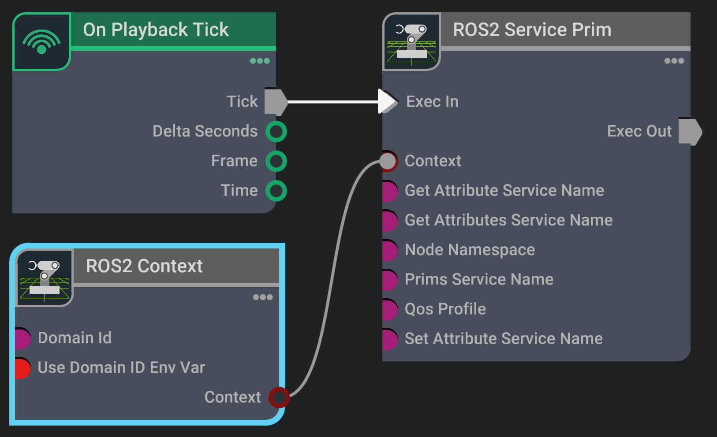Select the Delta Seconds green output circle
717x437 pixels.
click(x=276, y=131)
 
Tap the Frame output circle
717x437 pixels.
click(x=276, y=161)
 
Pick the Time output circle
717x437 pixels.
click(x=276, y=191)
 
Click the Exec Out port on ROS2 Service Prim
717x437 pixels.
click(x=690, y=131)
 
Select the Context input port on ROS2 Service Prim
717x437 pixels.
click(x=388, y=161)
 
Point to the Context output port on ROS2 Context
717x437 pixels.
click(x=279, y=397)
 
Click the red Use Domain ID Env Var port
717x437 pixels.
click(x=22, y=368)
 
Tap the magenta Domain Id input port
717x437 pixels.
click(x=22, y=338)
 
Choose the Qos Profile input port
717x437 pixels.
click(x=389, y=309)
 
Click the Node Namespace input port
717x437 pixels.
click(x=389, y=250)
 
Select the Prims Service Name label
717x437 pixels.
click(x=479, y=279)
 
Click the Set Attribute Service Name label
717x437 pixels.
click(x=504, y=339)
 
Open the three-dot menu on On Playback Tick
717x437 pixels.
click(x=260, y=61)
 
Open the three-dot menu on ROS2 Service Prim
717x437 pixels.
click(x=674, y=61)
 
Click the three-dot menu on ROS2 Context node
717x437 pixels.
click(x=263, y=297)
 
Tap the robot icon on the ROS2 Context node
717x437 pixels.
click(x=45, y=278)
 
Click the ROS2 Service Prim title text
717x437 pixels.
click(x=532, y=30)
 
